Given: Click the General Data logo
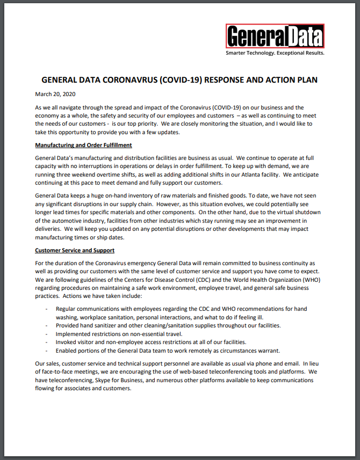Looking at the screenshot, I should point(275,36).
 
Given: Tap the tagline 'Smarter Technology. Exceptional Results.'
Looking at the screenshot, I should point(275,53).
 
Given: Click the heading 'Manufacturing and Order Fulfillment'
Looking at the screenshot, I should point(83,145).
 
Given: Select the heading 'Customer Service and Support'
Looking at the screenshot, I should point(74,250).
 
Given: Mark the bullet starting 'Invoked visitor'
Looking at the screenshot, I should point(151,342).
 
